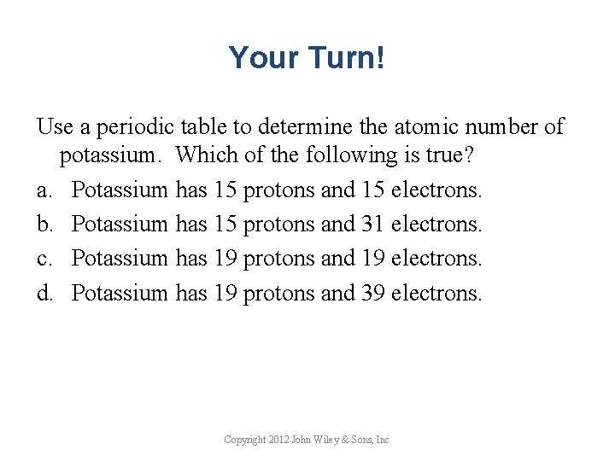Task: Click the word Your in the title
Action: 261,58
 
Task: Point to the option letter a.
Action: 44,190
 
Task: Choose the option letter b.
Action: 44,224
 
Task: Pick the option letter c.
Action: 44,258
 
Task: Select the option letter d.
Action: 44,293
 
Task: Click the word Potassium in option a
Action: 120,190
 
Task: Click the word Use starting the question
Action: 55,127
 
